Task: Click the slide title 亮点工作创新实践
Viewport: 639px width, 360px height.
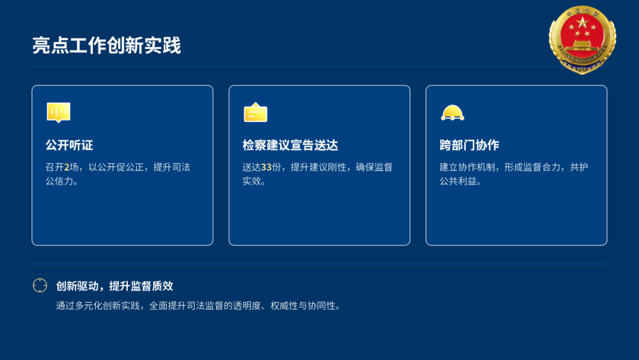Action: (106, 45)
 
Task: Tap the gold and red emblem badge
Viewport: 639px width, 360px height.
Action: (582, 40)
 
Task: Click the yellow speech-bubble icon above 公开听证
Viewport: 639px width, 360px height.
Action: (59, 112)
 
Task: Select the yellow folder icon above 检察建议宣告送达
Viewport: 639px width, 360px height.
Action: (256, 112)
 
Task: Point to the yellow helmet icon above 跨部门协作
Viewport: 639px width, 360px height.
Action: (453, 113)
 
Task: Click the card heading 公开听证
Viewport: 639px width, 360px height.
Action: (69, 145)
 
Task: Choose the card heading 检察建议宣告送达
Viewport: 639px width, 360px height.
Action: (290, 145)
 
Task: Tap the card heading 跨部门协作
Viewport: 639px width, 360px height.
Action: (469, 145)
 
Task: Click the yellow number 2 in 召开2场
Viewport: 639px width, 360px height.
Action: (66, 167)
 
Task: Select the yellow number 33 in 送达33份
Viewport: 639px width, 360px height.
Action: (266, 167)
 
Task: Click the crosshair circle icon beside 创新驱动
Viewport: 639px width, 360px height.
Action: (40, 285)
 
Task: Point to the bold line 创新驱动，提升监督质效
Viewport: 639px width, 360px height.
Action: (115, 286)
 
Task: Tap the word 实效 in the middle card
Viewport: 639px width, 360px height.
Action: (252, 181)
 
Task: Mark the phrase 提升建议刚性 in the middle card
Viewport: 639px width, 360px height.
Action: (318, 167)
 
